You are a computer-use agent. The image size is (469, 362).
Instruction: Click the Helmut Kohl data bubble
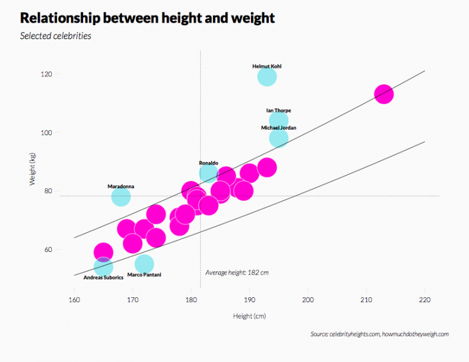(267, 76)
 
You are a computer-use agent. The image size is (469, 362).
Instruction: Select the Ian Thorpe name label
(278, 111)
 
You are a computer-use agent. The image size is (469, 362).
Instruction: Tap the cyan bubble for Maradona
(121, 196)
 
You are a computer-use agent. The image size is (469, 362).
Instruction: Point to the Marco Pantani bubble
(144, 264)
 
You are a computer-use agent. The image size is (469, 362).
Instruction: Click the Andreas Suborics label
(103, 277)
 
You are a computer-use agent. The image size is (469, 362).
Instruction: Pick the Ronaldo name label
(208, 163)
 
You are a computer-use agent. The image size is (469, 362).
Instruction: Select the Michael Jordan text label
(278, 128)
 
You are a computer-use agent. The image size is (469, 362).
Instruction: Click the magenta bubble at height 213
(384, 94)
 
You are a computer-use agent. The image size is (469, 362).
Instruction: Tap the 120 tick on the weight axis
(63, 74)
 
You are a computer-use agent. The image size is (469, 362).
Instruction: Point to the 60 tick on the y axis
(64, 249)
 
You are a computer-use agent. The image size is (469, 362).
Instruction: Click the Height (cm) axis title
(249, 316)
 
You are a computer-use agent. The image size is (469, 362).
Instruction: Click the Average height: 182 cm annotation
(237, 272)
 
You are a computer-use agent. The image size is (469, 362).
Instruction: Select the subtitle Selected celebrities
(56, 36)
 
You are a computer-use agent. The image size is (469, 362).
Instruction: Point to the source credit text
(379, 334)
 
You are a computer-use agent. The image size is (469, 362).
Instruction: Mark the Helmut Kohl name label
(267, 66)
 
